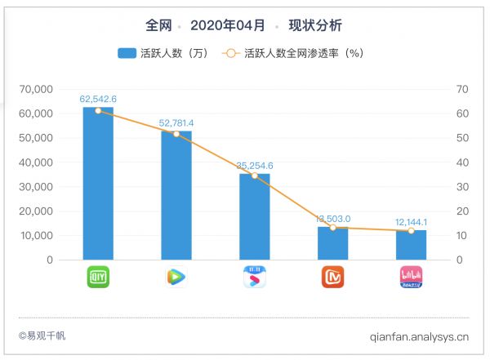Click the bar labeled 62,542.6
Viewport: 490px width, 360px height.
[x=98, y=184]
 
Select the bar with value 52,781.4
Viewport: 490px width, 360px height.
[x=176, y=195]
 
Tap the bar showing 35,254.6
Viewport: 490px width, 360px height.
[x=254, y=216]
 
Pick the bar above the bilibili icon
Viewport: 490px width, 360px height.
[x=411, y=245]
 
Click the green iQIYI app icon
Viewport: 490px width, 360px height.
[x=98, y=277]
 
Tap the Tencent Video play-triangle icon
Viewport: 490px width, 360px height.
[x=176, y=277]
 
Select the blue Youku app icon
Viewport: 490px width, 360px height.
[x=254, y=277]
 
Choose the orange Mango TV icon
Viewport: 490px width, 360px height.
[x=332, y=277]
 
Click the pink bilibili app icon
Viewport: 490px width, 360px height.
[x=411, y=277]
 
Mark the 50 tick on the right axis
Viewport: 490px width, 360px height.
[x=461, y=138]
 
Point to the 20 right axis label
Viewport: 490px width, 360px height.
[x=461, y=211]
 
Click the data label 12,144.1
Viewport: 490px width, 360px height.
[x=411, y=222]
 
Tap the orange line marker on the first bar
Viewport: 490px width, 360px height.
[x=98, y=110]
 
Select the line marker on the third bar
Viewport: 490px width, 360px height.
[x=254, y=176]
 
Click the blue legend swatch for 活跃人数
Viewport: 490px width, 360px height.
[x=127, y=53]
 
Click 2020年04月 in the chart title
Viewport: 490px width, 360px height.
[x=225, y=25]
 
